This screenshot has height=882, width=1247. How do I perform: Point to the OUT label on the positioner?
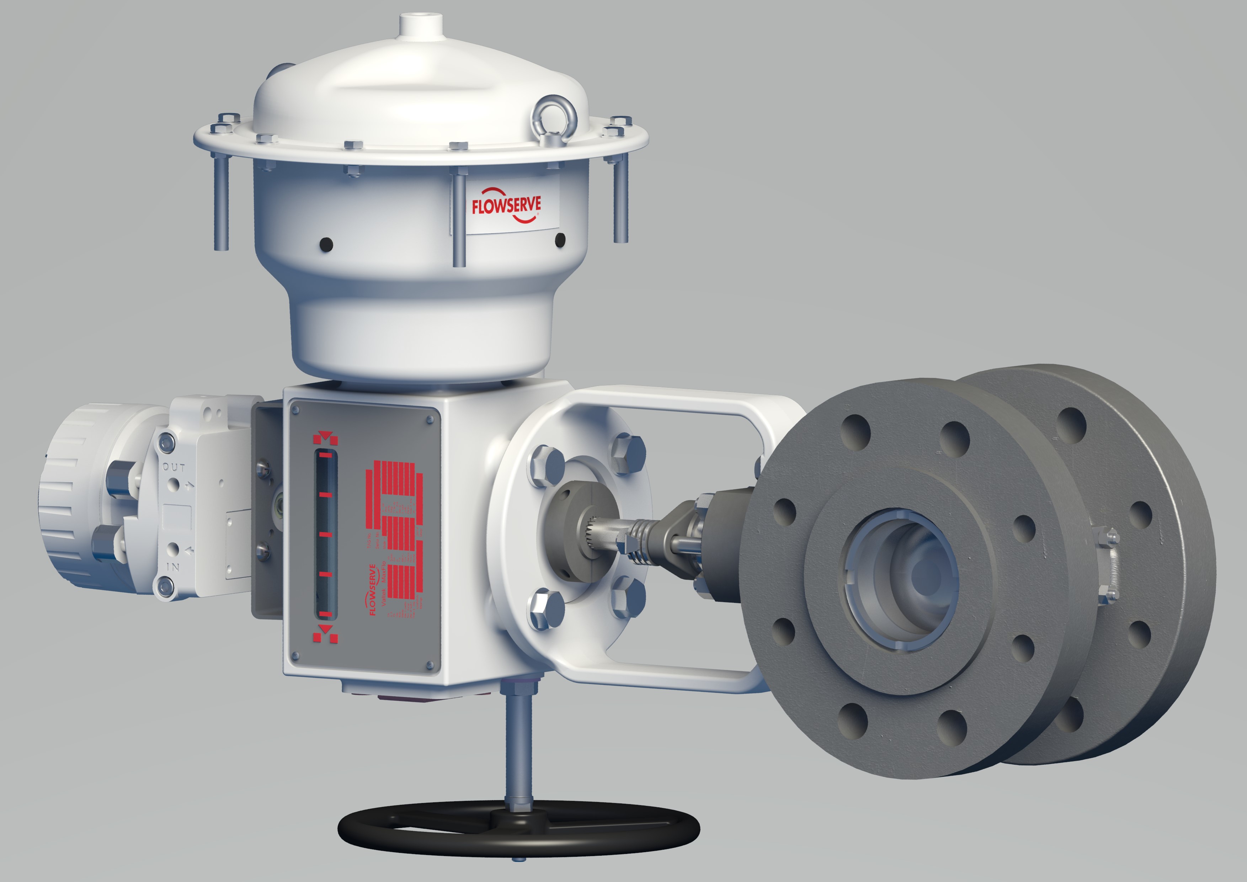coord(174,467)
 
